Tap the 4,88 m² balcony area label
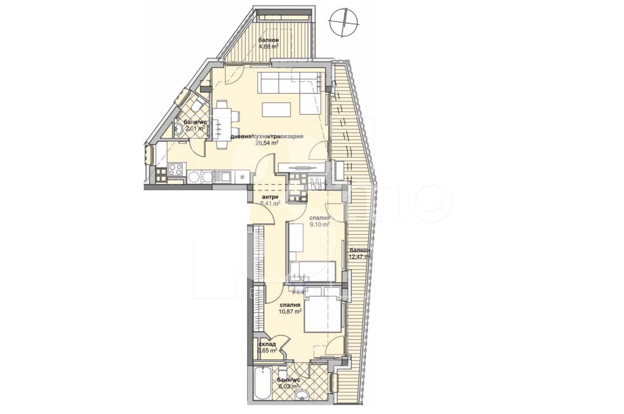(x=268, y=46)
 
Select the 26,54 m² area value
(x=267, y=143)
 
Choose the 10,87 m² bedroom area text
(x=292, y=313)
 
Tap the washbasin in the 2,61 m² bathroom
(x=179, y=129)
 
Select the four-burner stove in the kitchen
(x=175, y=169)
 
